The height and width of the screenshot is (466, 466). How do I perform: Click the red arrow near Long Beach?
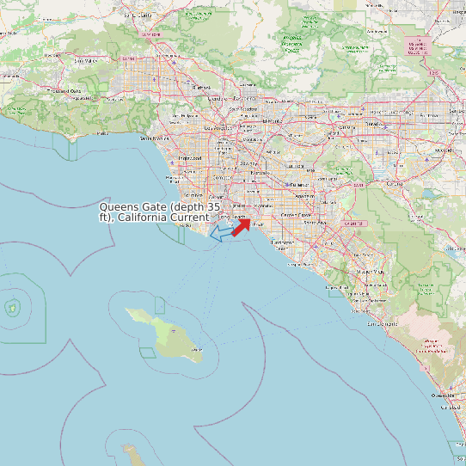pyautogui.click(x=241, y=226)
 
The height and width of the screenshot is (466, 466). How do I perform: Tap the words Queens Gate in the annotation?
pyautogui.click(x=132, y=207)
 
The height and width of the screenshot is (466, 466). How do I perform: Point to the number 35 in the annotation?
pyautogui.click(x=214, y=207)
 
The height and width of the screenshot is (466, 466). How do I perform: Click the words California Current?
pyautogui.click(x=163, y=218)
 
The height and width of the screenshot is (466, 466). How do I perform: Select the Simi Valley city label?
pyautogui.click(x=83, y=61)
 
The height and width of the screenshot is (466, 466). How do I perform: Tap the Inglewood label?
pyautogui.click(x=188, y=158)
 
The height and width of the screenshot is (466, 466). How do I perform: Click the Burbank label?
pyautogui.click(x=202, y=87)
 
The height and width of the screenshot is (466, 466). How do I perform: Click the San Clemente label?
pyautogui.click(x=383, y=324)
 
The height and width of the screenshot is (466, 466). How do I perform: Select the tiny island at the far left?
pyautogui.click(x=13, y=306)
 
